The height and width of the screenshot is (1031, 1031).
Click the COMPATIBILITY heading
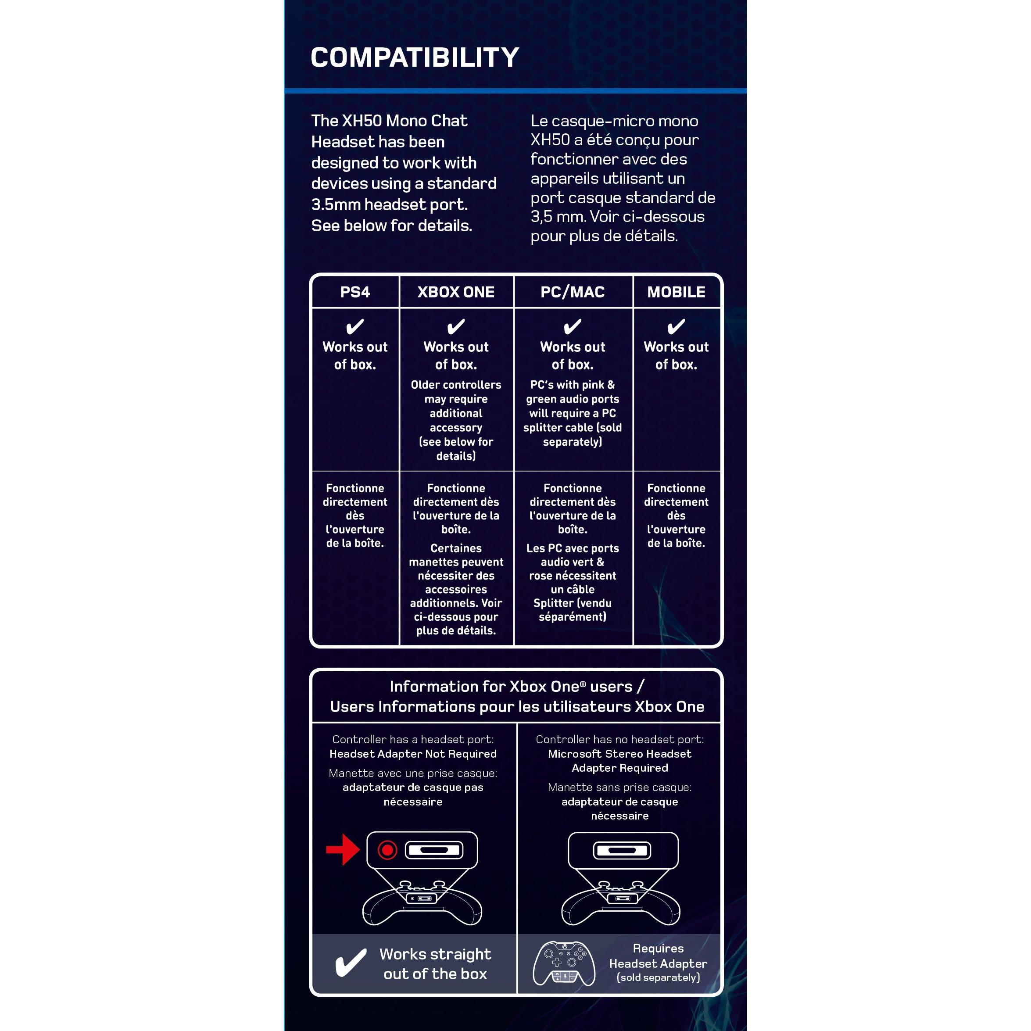click(x=415, y=57)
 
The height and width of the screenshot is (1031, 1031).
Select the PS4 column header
click(x=355, y=292)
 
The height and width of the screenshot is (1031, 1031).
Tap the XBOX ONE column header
click(x=456, y=292)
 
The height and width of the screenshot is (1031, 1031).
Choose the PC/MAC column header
click(x=573, y=292)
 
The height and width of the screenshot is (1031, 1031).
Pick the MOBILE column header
click(x=676, y=292)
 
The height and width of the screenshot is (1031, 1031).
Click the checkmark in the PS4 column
click(x=355, y=326)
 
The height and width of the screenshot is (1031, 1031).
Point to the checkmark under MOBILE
click(x=676, y=326)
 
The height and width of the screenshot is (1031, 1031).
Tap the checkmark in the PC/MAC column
click(x=573, y=326)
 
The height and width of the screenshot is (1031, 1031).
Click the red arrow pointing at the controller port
click(x=343, y=849)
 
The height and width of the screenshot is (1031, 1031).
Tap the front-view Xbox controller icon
click(x=564, y=964)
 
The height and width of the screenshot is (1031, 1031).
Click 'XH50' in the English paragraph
click(x=361, y=121)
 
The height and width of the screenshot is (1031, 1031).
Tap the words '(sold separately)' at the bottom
click(x=658, y=977)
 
